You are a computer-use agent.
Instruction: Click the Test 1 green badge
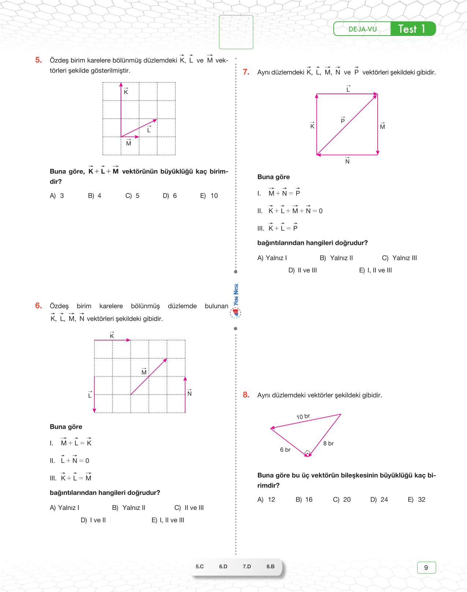[412, 29]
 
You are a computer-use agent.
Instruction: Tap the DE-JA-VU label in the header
[362, 29]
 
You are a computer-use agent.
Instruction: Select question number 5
[38, 60]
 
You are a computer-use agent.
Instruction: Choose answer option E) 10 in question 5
[209, 196]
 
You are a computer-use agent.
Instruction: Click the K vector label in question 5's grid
[126, 92]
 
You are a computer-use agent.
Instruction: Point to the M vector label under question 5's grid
[129, 143]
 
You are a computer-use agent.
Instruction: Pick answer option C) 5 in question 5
[133, 196]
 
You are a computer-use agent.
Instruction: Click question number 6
[38, 306]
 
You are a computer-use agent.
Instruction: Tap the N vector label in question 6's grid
[189, 393]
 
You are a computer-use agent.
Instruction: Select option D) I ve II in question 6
[93, 520]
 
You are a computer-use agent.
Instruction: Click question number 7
[246, 72]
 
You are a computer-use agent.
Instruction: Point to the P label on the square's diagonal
[343, 121]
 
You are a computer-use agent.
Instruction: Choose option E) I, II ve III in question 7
[375, 271]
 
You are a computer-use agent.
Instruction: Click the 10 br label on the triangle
[303, 416]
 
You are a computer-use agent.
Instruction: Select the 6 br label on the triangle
[285, 450]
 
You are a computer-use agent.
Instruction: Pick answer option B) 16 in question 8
[304, 500]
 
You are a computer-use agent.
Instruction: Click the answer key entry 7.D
[247, 566]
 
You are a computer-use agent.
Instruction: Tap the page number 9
[426, 567]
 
